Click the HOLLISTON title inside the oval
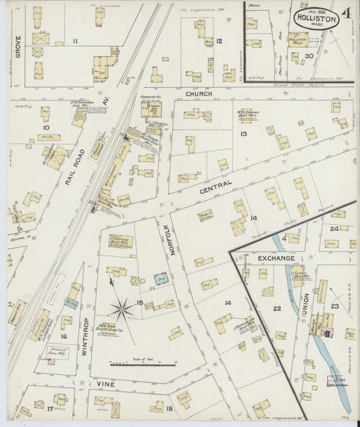315,20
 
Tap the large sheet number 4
346,14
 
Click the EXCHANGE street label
275,259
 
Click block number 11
76,42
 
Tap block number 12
220,42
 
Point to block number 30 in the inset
308,56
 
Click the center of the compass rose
122,309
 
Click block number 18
170,409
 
